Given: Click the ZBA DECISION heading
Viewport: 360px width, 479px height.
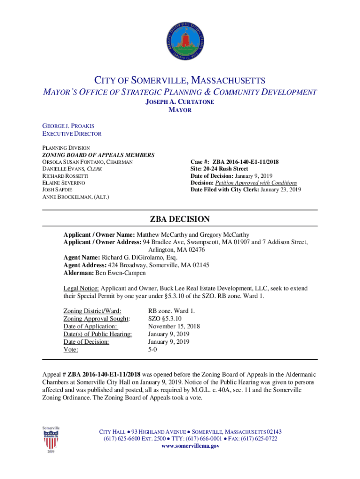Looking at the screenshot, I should point(180,219).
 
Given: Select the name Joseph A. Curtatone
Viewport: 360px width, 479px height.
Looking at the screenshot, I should point(180,102).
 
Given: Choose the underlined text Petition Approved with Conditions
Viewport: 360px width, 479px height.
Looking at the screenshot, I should point(256,183).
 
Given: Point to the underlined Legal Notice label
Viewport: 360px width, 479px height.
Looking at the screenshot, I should point(81,289).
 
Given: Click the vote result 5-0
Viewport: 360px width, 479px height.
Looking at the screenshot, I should point(153,349).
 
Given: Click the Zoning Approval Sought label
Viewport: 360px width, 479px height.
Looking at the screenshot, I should point(97,318).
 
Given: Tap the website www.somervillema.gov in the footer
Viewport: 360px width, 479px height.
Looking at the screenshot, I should point(190,446).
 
